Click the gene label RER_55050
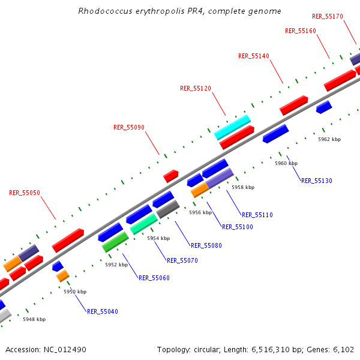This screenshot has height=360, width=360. (25, 193)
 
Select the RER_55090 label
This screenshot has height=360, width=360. (129, 127)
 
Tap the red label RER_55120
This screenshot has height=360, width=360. (196, 88)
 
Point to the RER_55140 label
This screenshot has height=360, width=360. (254, 56)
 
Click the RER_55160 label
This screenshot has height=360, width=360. (301, 31)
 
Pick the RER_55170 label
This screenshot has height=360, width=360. (328, 16)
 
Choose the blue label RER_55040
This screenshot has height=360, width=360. (103, 311)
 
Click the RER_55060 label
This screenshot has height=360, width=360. (154, 278)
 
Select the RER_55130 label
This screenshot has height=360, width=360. (317, 181)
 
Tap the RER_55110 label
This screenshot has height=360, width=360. (257, 215)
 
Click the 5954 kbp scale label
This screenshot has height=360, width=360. (158, 238)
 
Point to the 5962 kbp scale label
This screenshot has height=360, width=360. (329, 139)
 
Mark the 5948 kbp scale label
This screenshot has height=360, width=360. (34, 319)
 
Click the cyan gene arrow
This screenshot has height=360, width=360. (232, 127)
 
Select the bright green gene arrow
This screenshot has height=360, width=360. (115, 241)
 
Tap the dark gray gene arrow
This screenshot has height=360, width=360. (168, 209)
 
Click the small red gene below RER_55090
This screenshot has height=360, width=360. (171, 176)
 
